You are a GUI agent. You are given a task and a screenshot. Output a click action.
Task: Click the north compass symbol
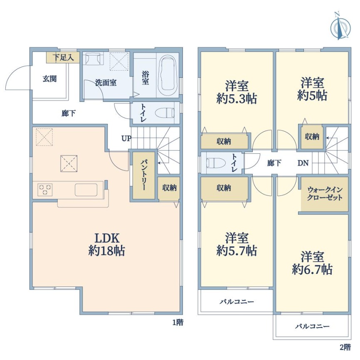tap(340, 27)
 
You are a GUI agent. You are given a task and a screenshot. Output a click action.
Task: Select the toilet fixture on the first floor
tap(165, 113)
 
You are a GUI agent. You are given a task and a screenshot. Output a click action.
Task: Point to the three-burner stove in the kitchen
tap(45, 190)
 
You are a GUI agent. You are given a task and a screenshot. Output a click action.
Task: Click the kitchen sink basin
tap(86, 190)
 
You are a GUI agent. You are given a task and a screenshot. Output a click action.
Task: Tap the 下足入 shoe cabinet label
tap(63, 57)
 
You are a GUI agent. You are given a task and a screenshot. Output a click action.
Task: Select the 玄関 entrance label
tap(49, 79)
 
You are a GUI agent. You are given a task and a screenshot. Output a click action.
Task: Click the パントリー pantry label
tap(144, 175)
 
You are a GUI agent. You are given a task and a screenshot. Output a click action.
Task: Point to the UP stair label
tap(126, 138)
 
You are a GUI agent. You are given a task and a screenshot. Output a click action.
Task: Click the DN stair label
tap(303, 163)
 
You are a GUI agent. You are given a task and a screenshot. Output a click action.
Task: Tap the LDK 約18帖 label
tap(107, 244)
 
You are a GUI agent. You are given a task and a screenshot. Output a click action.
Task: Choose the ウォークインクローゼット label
tap(325, 194)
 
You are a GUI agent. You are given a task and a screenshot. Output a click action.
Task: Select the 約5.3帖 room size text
tap(237, 99)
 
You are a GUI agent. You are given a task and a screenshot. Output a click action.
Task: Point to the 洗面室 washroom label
tap(106, 82)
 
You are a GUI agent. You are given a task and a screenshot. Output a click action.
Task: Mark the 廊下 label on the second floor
tap(274, 163)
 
